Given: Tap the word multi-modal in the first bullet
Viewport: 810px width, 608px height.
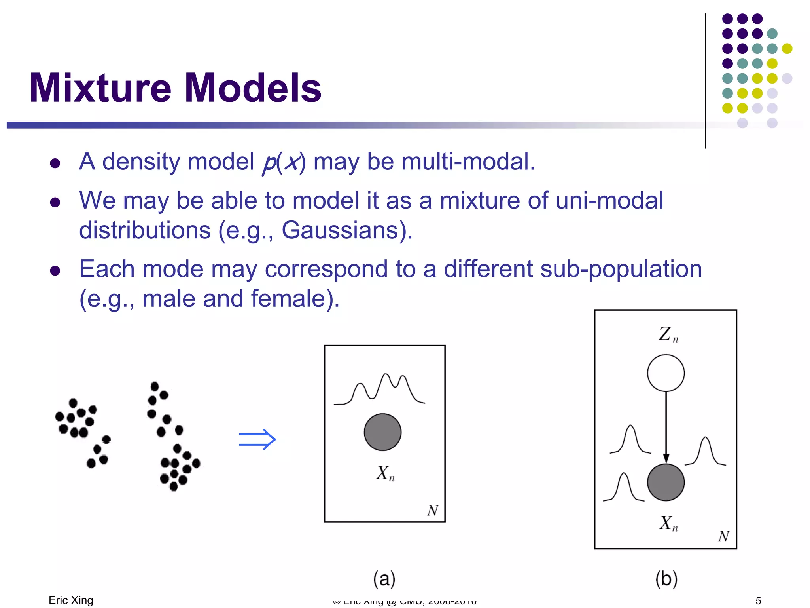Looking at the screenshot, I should tap(468, 162).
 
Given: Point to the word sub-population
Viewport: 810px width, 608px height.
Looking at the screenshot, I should tap(621, 270).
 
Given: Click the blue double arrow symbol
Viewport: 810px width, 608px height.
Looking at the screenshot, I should tap(257, 439).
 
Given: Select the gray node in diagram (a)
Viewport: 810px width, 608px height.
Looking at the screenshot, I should tap(382, 432).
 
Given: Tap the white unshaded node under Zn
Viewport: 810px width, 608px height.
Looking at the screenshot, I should tap(666, 373).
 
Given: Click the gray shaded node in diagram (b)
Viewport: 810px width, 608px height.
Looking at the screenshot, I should tap(666, 482).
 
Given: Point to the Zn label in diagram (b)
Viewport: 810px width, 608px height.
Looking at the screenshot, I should tap(668, 334).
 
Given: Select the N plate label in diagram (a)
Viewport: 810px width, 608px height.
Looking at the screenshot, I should tap(433, 511).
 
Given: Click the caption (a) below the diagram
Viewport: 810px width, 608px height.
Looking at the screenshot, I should tap(384, 579).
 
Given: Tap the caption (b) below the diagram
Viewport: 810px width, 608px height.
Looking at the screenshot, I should tap(666, 579).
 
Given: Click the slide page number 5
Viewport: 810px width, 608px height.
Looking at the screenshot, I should tap(758, 601).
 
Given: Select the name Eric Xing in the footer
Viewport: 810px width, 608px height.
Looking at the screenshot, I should tap(71, 600).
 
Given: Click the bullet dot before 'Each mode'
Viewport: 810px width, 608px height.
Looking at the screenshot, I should tap(55, 271).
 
